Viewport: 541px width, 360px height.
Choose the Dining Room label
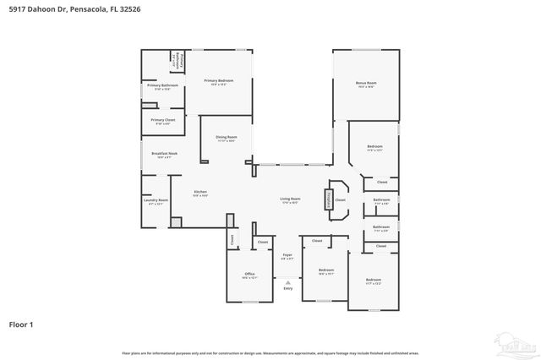pyautogui.click(x=226, y=139)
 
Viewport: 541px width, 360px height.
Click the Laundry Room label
pyautogui.click(x=158, y=202)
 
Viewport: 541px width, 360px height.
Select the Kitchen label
pyautogui.click(x=200, y=193)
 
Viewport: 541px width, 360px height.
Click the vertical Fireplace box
pyautogui.click(x=328, y=199)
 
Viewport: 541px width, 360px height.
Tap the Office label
pyautogui.click(x=249, y=275)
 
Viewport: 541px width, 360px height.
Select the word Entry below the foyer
pyautogui.click(x=287, y=289)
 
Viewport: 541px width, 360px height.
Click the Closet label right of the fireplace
pyautogui.click(x=340, y=200)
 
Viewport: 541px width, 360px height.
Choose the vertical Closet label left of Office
pyautogui.click(x=232, y=240)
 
